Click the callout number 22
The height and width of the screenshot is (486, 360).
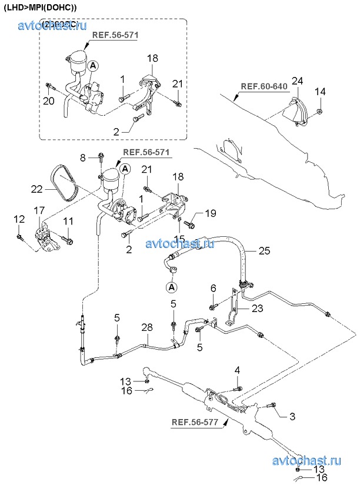(x=37, y=189)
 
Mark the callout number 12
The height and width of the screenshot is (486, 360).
(x=19, y=219)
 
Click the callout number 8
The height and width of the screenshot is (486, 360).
(x=83, y=157)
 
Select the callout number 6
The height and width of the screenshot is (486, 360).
(x=214, y=288)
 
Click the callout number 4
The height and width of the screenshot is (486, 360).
(x=238, y=370)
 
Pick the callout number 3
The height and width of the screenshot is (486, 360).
(x=291, y=417)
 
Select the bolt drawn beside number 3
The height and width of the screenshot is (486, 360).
(x=272, y=405)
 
